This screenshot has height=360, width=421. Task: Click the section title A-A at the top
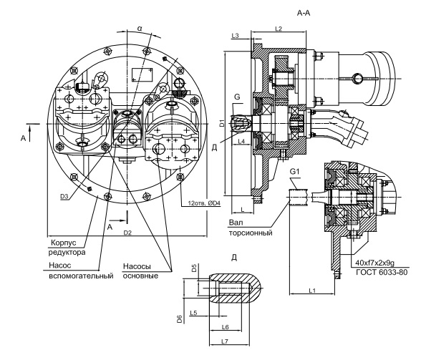[304, 13]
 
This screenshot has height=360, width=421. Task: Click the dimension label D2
[127, 233]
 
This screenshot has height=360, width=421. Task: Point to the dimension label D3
[64, 197]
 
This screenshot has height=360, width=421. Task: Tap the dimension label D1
[222, 123]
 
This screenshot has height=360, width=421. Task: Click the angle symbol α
[140, 28]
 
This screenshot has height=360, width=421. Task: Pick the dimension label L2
[279, 29]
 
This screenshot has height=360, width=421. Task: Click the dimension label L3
[235, 36]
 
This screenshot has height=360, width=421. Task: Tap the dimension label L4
[242, 141]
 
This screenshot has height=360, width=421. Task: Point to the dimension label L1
[312, 290]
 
